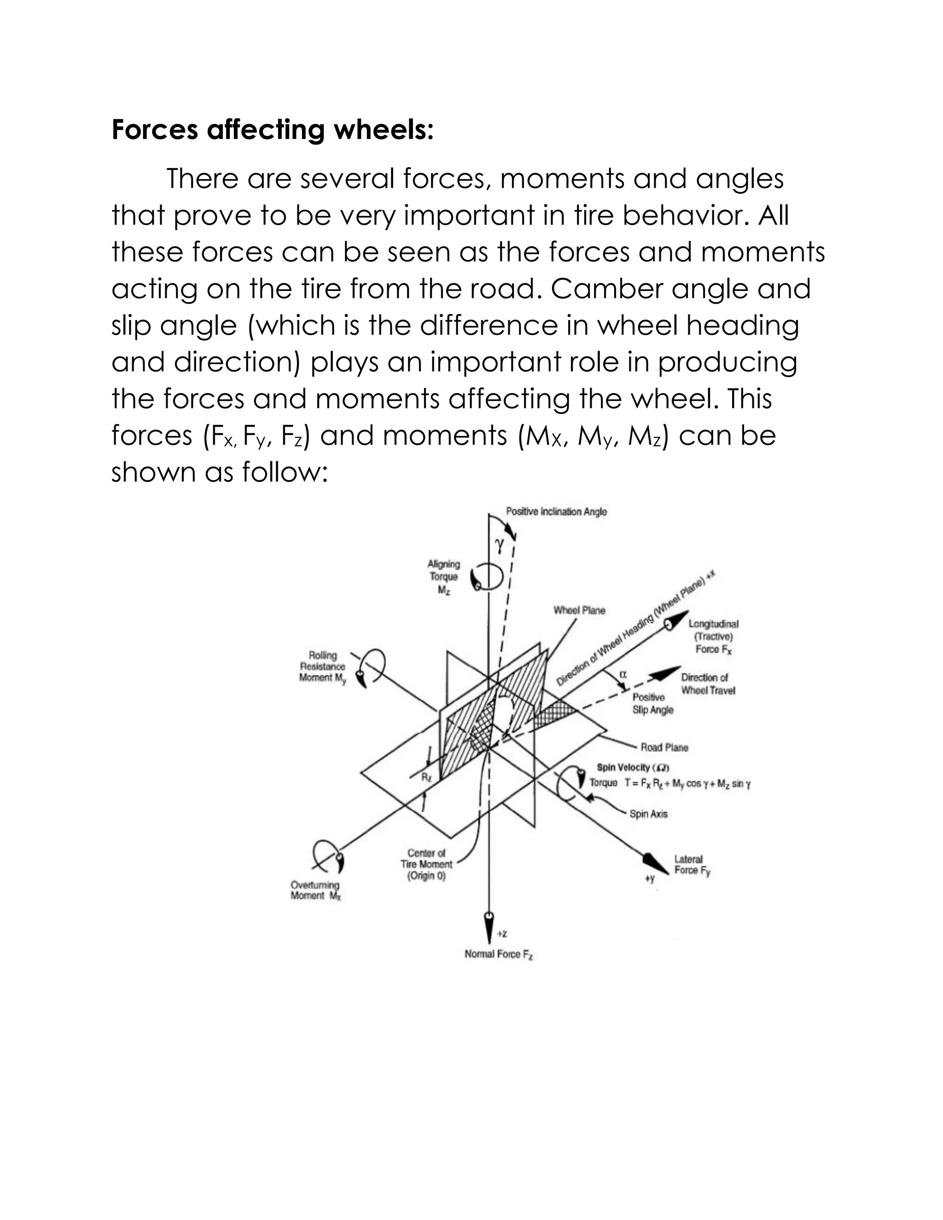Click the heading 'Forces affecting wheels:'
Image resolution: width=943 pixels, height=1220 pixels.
(x=273, y=130)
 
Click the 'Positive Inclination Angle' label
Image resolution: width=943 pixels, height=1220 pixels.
(x=556, y=511)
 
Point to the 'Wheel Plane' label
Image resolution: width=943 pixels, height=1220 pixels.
(x=579, y=610)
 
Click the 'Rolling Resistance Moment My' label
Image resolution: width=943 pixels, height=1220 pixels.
(x=322, y=667)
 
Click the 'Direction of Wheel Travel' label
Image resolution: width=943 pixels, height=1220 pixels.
(x=708, y=684)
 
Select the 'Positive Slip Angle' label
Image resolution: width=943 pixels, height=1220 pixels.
(x=652, y=703)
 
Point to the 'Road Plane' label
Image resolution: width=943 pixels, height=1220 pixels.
(x=664, y=747)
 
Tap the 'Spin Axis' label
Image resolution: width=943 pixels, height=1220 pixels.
(x=648, y=814)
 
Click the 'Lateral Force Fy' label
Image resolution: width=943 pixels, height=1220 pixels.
(x=692, y=865)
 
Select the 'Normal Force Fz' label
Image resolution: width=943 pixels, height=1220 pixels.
(x=499, y=954)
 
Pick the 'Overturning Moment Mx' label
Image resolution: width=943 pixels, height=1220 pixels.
(x=315, y=890)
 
